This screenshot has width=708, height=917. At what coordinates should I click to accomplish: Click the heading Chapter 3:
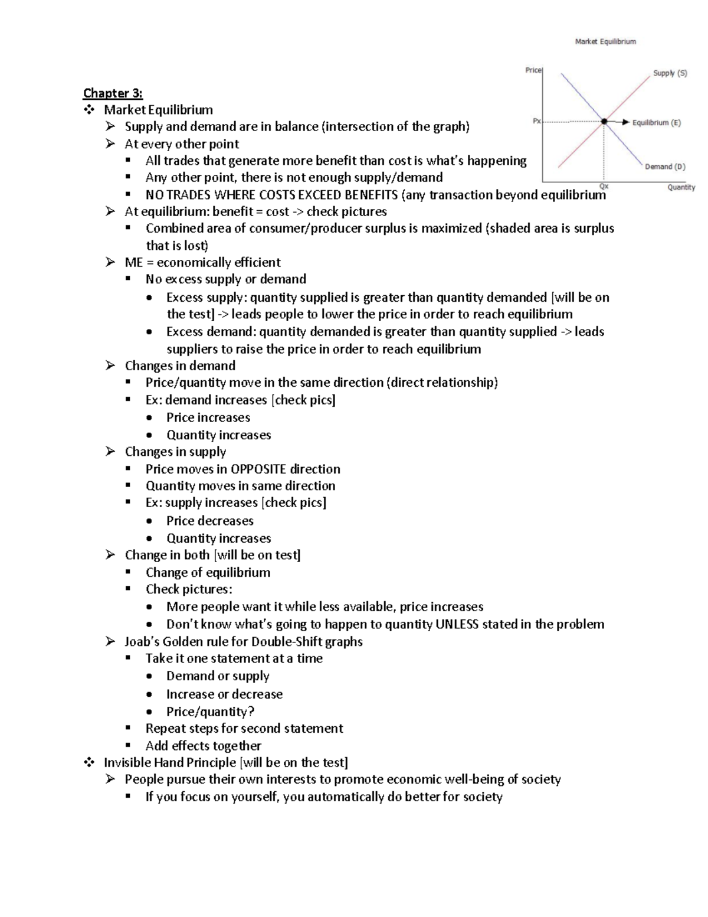click(x=113, y=93)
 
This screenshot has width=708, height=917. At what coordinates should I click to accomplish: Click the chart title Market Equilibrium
click(x=605, y=42)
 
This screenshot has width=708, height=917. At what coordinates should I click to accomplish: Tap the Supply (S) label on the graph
click(x=670, y=73)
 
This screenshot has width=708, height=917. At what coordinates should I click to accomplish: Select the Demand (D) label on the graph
click(x=665, y=167)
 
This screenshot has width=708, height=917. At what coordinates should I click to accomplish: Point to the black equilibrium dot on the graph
click(x=604, y=122)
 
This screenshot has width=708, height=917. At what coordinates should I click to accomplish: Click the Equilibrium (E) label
click(x=656, y=123)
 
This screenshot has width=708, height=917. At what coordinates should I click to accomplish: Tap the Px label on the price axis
click(x=536, y=121)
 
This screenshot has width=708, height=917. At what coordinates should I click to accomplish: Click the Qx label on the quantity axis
click(x=604, y=186)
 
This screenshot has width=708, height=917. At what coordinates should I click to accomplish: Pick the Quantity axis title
click(x=681, y=187)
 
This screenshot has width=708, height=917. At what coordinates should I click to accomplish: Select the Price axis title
click(x=533, y=70)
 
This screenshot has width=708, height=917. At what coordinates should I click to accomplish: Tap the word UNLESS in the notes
click(x=457, y=624)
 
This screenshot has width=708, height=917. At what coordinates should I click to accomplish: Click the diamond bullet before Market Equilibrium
click(x=89, y=110)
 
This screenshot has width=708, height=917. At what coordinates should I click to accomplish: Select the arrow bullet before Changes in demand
click(x=110, y=366)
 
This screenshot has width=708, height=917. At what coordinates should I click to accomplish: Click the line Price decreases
click(x=209, y=521)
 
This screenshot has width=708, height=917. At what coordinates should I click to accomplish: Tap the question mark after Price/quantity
click(x=251, y=712)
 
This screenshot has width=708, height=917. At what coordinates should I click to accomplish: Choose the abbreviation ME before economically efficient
click(x=134, y=262)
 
